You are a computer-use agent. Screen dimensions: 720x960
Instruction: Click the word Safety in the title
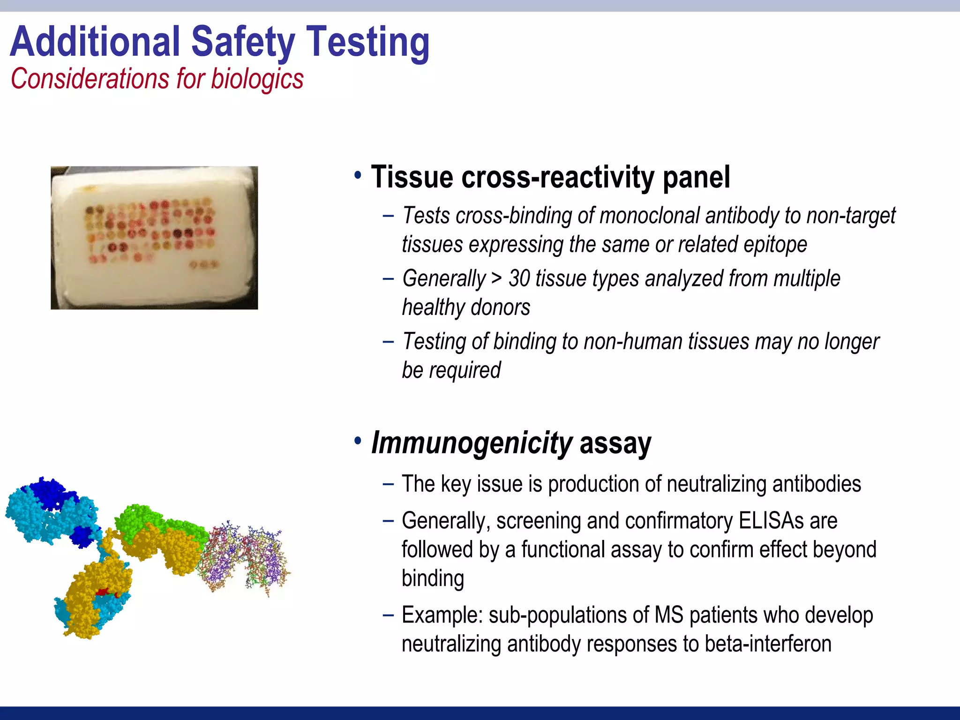(243, 42)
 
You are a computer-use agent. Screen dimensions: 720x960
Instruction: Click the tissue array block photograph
(154, 238)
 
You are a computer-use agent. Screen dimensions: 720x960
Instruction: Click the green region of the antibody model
(141, 518)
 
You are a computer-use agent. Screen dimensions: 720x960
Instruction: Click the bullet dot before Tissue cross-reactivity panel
(358, 176)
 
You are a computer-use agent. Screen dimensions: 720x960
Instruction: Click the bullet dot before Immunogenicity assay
(358, 441)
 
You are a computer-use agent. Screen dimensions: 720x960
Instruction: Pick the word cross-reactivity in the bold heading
(558, 177)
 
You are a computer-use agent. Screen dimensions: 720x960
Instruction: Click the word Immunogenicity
(471, 443)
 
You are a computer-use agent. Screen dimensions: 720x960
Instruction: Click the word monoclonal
(649, 216)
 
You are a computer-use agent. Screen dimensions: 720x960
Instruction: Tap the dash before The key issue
(388, 484)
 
